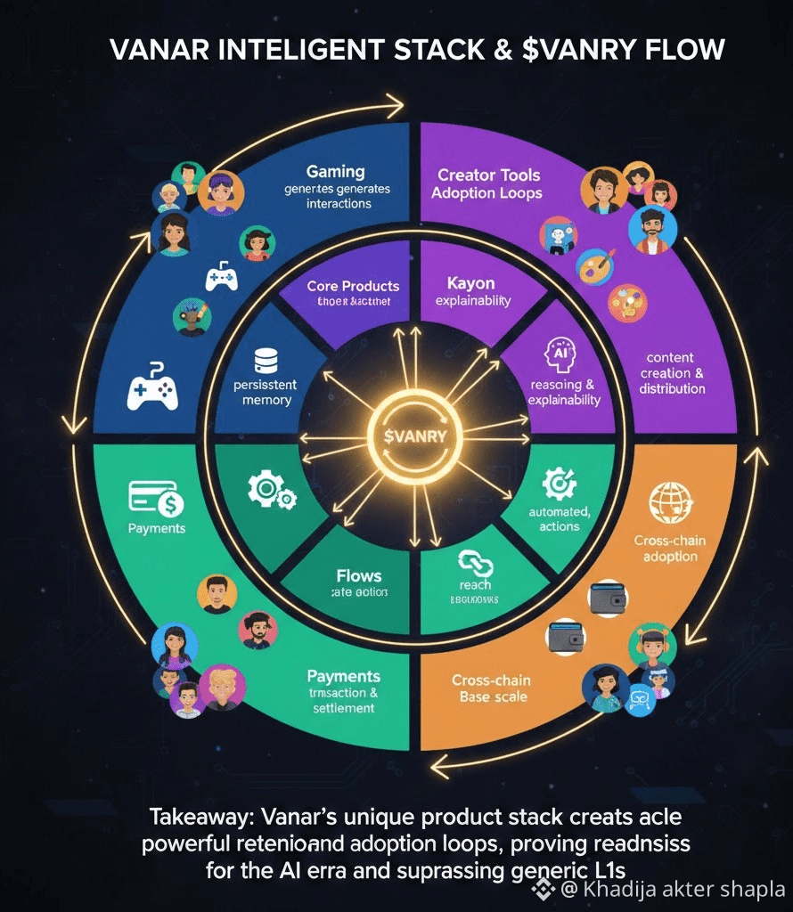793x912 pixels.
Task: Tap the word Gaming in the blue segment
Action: click(335, 171)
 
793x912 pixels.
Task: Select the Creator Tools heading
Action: click(488, 175)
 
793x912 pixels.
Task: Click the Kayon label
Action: click(472, 282)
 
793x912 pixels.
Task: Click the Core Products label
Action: click(353, 287)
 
